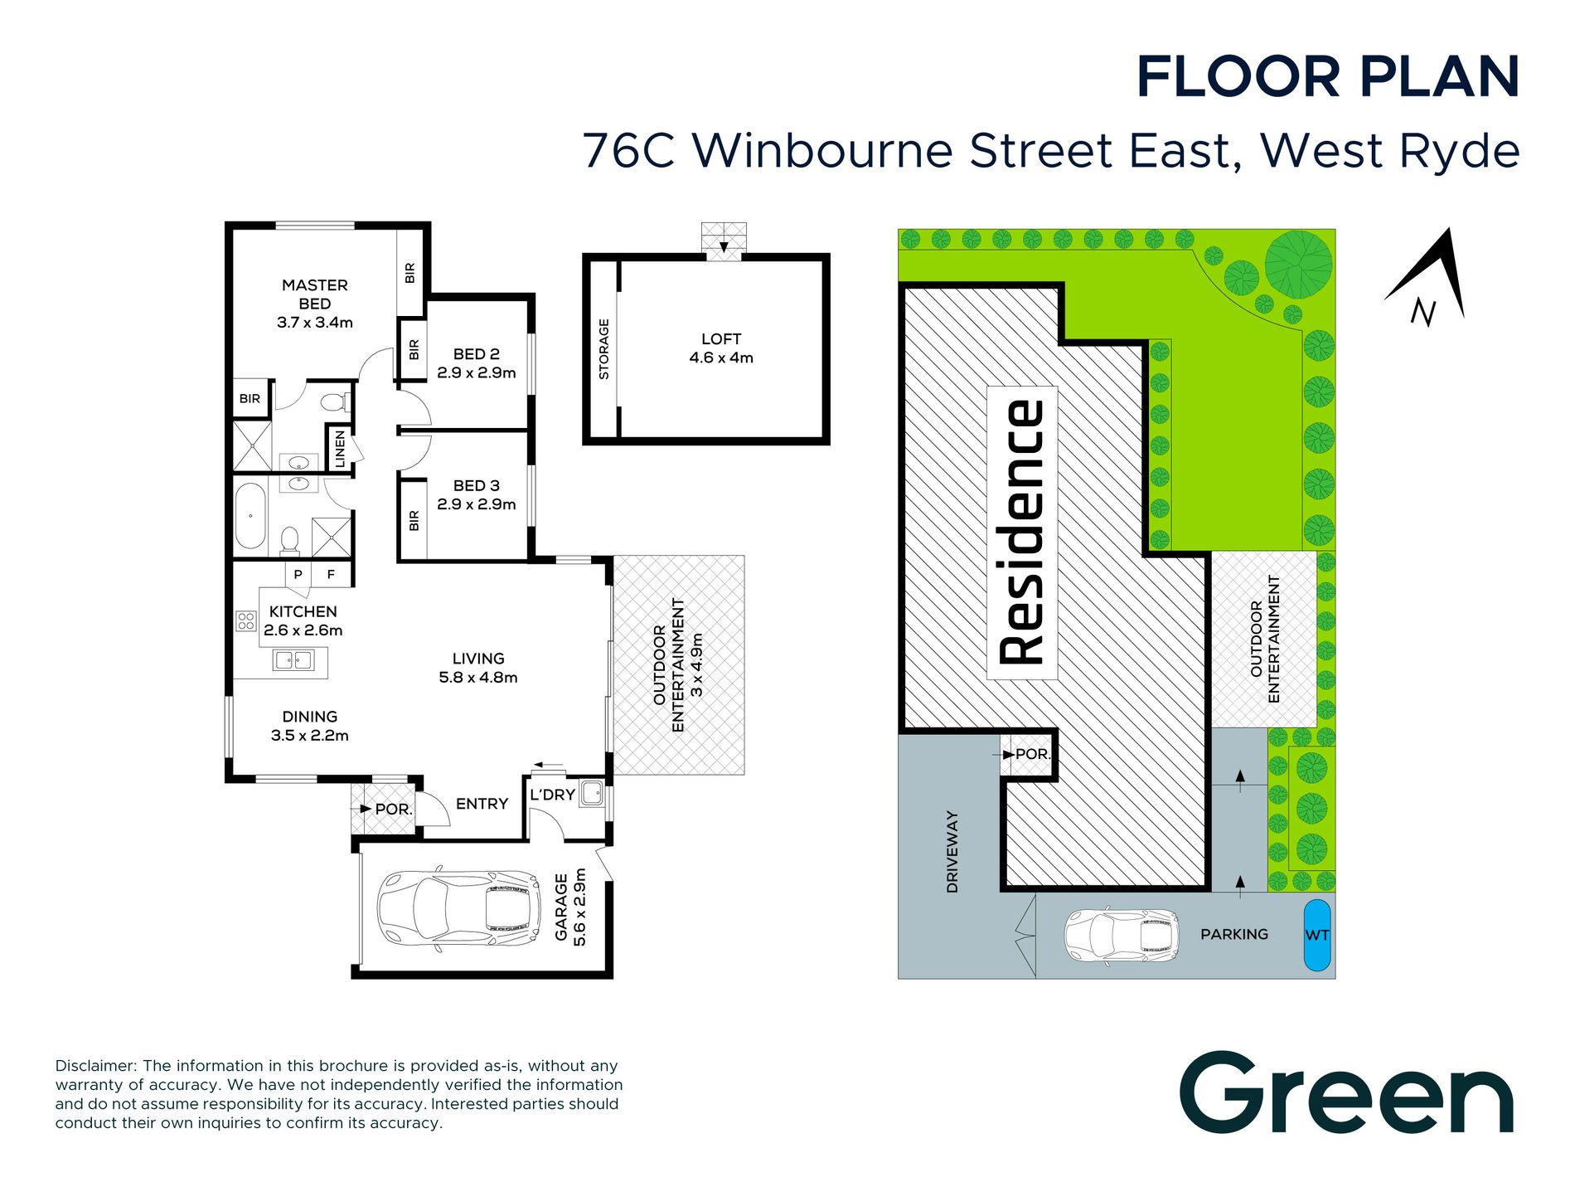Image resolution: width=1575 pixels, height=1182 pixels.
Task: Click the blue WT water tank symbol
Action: (1316, 935)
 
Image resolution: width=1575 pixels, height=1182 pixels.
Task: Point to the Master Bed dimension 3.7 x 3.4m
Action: (315, 323)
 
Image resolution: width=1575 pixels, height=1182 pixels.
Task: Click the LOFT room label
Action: (720, 338)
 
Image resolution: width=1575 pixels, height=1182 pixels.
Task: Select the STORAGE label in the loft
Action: (603, 349)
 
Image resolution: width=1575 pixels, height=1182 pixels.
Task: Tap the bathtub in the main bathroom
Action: (250, 516)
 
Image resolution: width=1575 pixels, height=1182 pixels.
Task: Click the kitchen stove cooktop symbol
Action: (246, 620)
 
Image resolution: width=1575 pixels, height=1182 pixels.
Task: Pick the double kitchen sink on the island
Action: (293, 660)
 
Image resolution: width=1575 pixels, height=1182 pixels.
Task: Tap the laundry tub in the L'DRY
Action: (592, 793)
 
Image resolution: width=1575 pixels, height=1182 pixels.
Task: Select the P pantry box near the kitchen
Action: (298, 574)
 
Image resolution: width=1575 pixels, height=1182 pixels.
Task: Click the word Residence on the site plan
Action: (1022, 533)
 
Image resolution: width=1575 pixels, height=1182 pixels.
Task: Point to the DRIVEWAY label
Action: (952, 852)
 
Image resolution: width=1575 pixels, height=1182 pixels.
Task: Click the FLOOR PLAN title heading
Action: (1328, 77)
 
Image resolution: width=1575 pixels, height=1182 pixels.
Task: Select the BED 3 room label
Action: (476, 485)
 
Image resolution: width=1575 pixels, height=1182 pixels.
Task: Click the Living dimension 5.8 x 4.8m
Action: (478, 678)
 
